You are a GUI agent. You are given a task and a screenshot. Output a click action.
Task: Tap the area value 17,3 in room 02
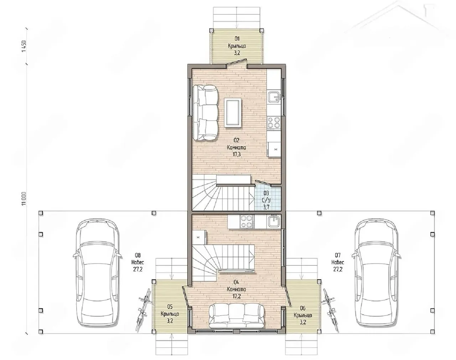[x=237, y=154]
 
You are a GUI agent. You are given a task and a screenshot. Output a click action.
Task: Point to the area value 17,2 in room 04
[x=237, y=296]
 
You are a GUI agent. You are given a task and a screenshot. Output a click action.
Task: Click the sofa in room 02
[x=205, y=113]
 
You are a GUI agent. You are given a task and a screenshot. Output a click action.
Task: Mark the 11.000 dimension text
[x=24, y=199]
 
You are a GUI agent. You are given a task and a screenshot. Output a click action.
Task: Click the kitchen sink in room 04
[x=274, y=222]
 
